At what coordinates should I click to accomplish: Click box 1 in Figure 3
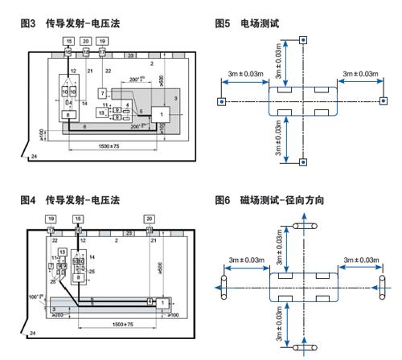coord(163,114)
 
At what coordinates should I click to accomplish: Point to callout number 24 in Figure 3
coord(33,156)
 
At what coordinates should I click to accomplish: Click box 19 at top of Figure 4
coord(51,219)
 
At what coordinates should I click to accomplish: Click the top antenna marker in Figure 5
coord(301,39)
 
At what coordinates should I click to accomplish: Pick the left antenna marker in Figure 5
coord(221,102)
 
